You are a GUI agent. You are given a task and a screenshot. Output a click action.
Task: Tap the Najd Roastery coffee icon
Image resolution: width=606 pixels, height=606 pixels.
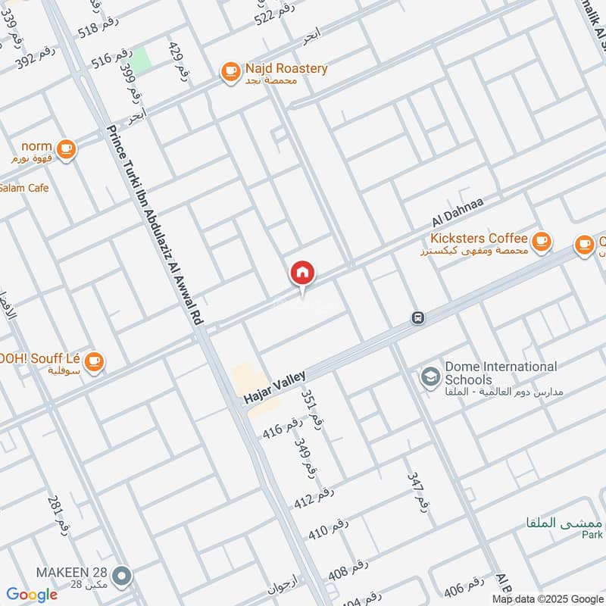pos(230,71)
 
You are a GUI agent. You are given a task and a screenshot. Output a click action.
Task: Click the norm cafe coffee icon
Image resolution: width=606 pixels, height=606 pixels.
pos(67,148)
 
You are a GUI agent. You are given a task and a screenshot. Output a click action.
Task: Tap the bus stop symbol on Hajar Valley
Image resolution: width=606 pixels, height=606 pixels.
pos(417,317)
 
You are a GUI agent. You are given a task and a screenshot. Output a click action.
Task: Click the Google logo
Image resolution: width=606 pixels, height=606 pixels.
pos(32,595)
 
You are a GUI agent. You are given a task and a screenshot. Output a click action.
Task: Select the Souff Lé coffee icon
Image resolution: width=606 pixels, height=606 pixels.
pos(93,361)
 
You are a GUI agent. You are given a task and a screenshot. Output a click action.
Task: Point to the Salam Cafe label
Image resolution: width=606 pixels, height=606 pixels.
pos(24,187)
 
